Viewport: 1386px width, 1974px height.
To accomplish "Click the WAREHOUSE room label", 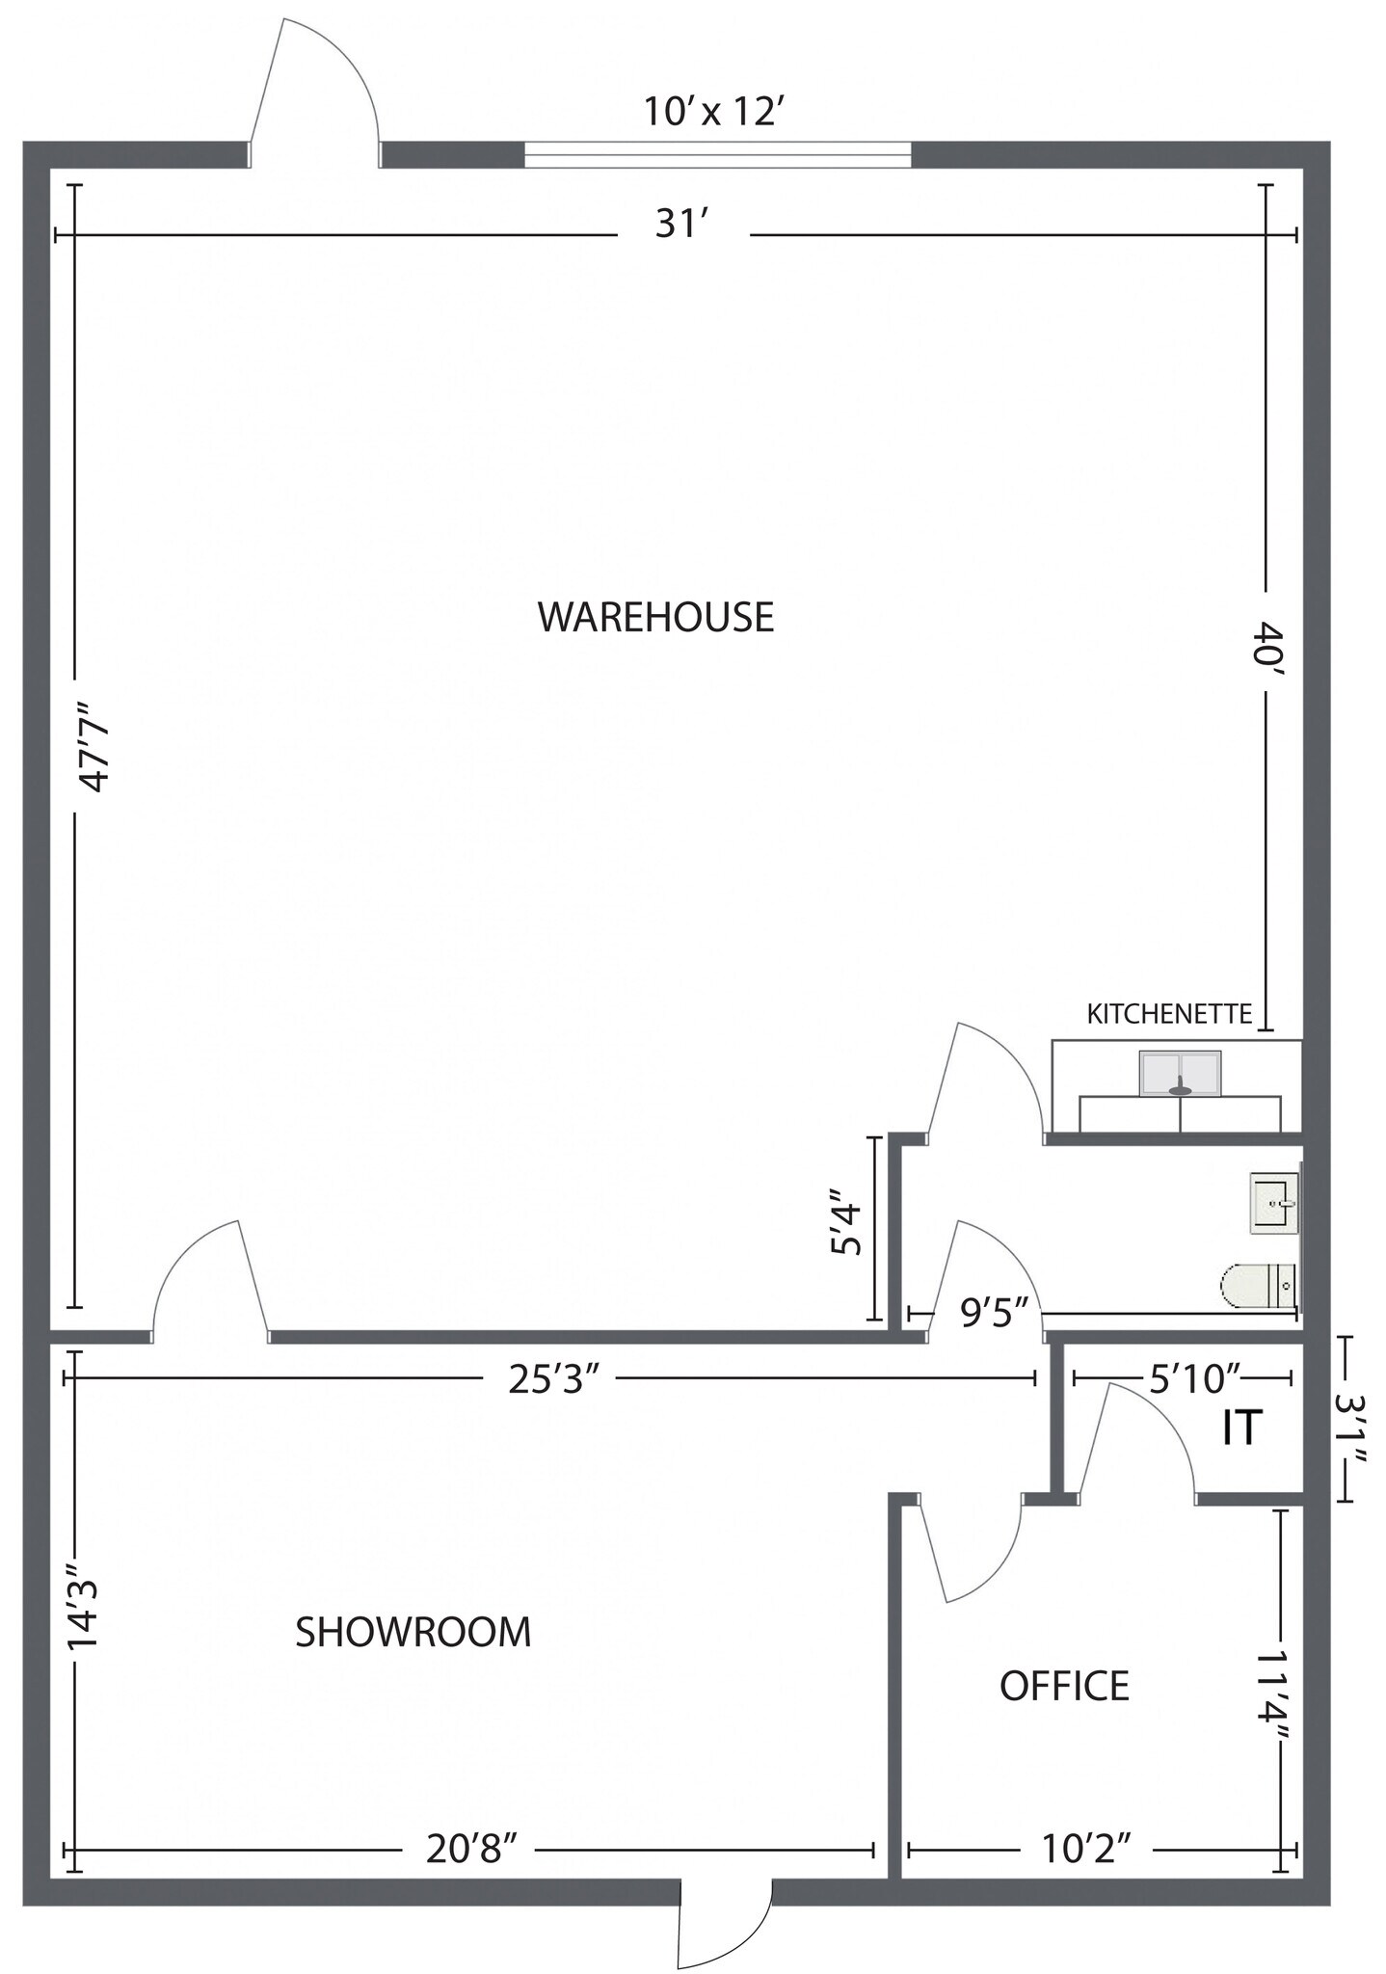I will (655, 617).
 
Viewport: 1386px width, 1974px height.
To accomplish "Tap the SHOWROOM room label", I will (413, 1633).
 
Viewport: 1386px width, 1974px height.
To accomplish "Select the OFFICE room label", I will (1064, 1686).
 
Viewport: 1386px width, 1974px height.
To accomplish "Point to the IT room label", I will (1241, 1427).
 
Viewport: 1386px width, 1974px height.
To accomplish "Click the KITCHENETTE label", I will (1169, 1014).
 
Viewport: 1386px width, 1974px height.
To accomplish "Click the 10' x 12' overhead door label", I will (710, 112).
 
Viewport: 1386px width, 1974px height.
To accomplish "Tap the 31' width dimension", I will (682, 225).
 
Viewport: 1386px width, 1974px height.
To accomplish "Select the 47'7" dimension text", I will (95, 747).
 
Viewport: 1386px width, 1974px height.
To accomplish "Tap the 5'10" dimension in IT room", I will (1193, 1379).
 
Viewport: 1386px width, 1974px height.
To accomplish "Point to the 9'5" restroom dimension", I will (987, 1313).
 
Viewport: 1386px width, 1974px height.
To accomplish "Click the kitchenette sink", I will (1180, 1074).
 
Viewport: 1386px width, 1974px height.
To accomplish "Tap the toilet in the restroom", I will (1257, 1287).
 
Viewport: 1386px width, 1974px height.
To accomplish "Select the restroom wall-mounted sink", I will (1274, 1204).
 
